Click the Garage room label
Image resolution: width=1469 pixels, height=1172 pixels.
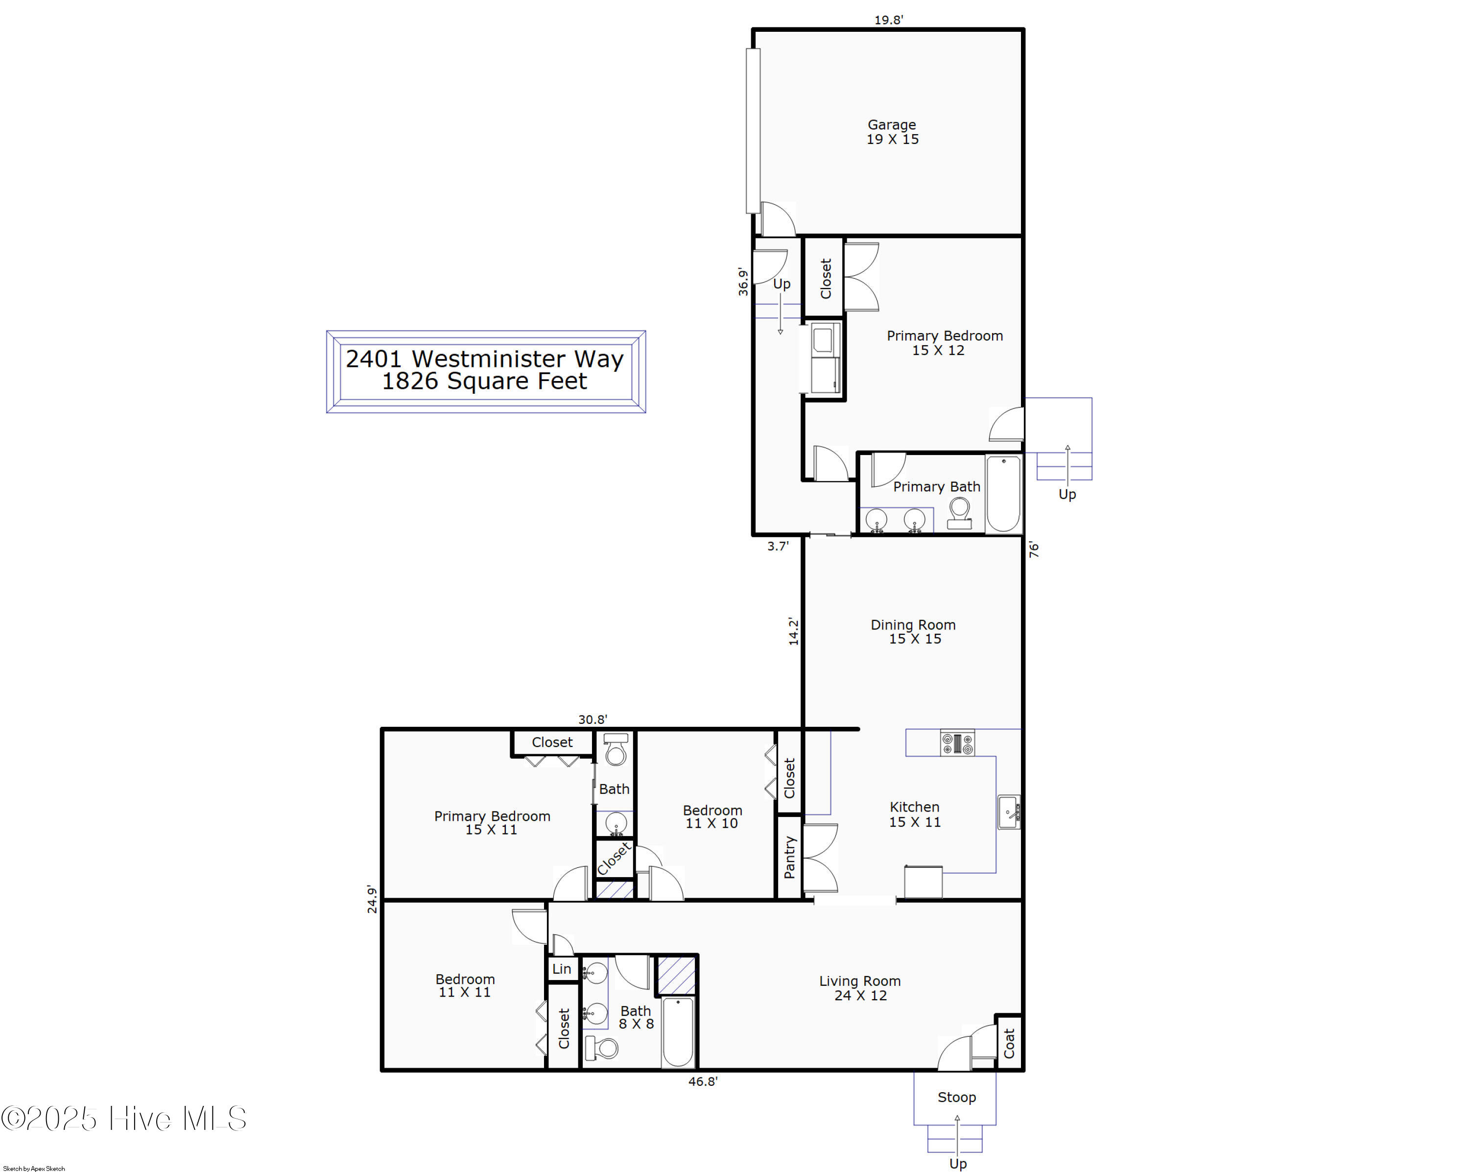coord(892,132)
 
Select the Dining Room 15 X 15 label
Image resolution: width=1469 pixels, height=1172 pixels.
coord(914,632)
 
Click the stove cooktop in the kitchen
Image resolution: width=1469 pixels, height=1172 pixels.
coord(957,742)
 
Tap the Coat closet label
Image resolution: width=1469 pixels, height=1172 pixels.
coord(1009,1043)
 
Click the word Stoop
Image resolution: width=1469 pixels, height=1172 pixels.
coord(957,1097)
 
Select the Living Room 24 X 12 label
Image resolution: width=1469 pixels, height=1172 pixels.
coord(860,988)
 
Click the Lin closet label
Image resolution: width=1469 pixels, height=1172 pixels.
coord(562,969)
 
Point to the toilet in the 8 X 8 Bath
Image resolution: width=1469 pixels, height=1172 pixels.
coord(601,1047)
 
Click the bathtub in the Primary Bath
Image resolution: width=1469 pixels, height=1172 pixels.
coord(1003,494)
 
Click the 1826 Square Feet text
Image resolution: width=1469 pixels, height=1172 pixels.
coord(484,382)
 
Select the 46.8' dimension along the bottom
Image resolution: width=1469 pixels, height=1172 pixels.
coord(703,1081)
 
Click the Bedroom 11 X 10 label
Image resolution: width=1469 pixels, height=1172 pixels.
coord(712,816)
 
